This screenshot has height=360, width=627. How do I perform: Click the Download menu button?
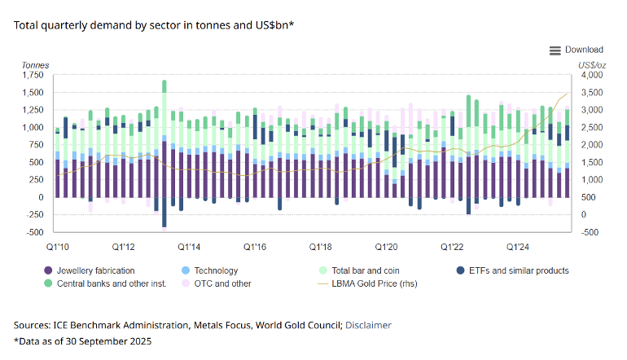[x=576, y=50]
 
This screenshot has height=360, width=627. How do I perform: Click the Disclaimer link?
[x=368, y=325]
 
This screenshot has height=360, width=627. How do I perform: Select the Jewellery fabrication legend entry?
[x=90, y=270]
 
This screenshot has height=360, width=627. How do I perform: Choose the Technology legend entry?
[x=209, y=270]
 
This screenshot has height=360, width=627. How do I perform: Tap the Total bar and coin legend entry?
[x=359, y=270]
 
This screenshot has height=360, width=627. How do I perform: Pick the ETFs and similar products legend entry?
[x=512, y=270]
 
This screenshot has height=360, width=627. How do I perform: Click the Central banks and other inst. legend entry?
[x=105, y=283]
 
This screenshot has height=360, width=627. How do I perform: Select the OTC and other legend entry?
[x=217, y=283]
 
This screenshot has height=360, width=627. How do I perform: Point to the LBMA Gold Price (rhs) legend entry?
[x=367, y=283]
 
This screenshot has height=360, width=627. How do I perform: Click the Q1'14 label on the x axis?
[x=189, y=247]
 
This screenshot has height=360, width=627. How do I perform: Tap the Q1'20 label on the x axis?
[x=386, y=247]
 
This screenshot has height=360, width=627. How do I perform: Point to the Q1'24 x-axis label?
[x=517, y=247]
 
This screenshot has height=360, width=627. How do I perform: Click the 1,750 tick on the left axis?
[x=33, y=75]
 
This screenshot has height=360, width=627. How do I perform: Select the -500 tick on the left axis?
[x=35, y=232]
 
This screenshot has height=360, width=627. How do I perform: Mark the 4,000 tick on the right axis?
[x=592, y=75]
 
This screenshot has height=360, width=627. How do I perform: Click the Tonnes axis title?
[x=35, y=65]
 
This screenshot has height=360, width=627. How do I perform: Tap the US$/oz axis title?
[x=592, y=65]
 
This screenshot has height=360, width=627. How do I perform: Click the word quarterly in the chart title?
[x=64, y=25]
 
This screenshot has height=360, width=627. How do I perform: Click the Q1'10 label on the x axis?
[x=58, y=247]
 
